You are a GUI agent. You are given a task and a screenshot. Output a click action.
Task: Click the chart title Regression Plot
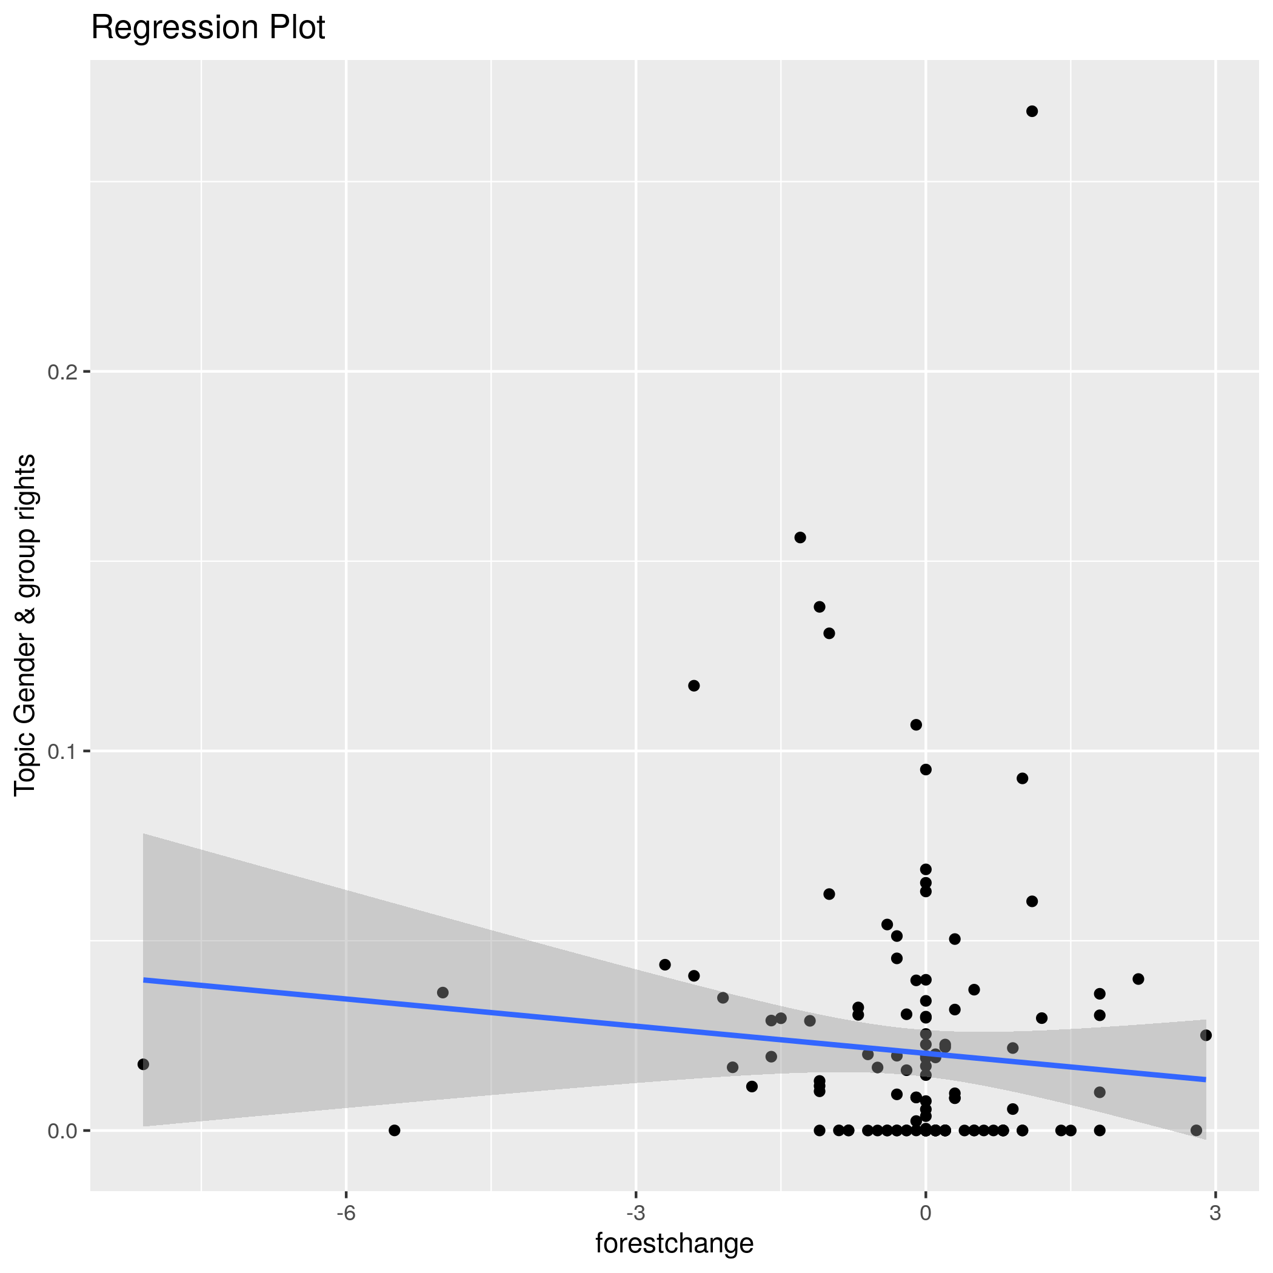point(207,28)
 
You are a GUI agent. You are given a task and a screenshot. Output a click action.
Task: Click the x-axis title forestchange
point(674,1243)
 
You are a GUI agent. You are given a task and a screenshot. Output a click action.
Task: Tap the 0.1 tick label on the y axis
point(62,751)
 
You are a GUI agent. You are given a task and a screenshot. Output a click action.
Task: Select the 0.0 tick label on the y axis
point(62,1131)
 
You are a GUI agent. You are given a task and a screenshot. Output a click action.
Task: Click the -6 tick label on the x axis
point(346,1214)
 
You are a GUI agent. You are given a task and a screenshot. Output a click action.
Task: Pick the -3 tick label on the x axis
point(635,1214)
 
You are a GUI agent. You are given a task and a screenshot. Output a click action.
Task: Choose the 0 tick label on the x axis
point(925,1214)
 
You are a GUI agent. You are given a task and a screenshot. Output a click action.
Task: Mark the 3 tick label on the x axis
point(1215,1214)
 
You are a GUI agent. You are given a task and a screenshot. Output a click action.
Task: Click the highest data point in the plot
point(1032,112)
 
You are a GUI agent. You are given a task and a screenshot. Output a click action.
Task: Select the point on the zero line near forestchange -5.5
point(394,1131)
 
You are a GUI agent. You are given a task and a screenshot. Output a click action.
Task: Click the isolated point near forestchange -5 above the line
point(443,992)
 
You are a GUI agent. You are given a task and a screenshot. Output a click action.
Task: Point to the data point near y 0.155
point(800,538)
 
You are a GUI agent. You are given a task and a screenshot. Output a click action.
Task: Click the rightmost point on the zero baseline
point(1196,1131)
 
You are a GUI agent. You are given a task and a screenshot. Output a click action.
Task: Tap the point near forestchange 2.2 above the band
point(1138,979)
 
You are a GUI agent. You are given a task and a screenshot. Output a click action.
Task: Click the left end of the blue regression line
point(144,980)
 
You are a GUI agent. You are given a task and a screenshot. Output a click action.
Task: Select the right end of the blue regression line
point(1205,1079)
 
